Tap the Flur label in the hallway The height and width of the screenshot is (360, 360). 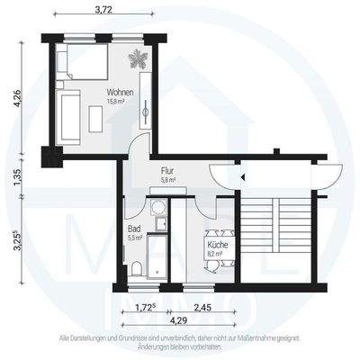click(167, 169)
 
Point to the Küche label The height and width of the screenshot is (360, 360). click(217, 245)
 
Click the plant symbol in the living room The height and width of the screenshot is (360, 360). click(139, 60)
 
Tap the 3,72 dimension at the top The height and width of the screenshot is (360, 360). click(104, 9)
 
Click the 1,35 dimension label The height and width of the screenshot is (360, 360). click(17, 178)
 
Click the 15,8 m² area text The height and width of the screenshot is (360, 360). click(117, 102)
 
